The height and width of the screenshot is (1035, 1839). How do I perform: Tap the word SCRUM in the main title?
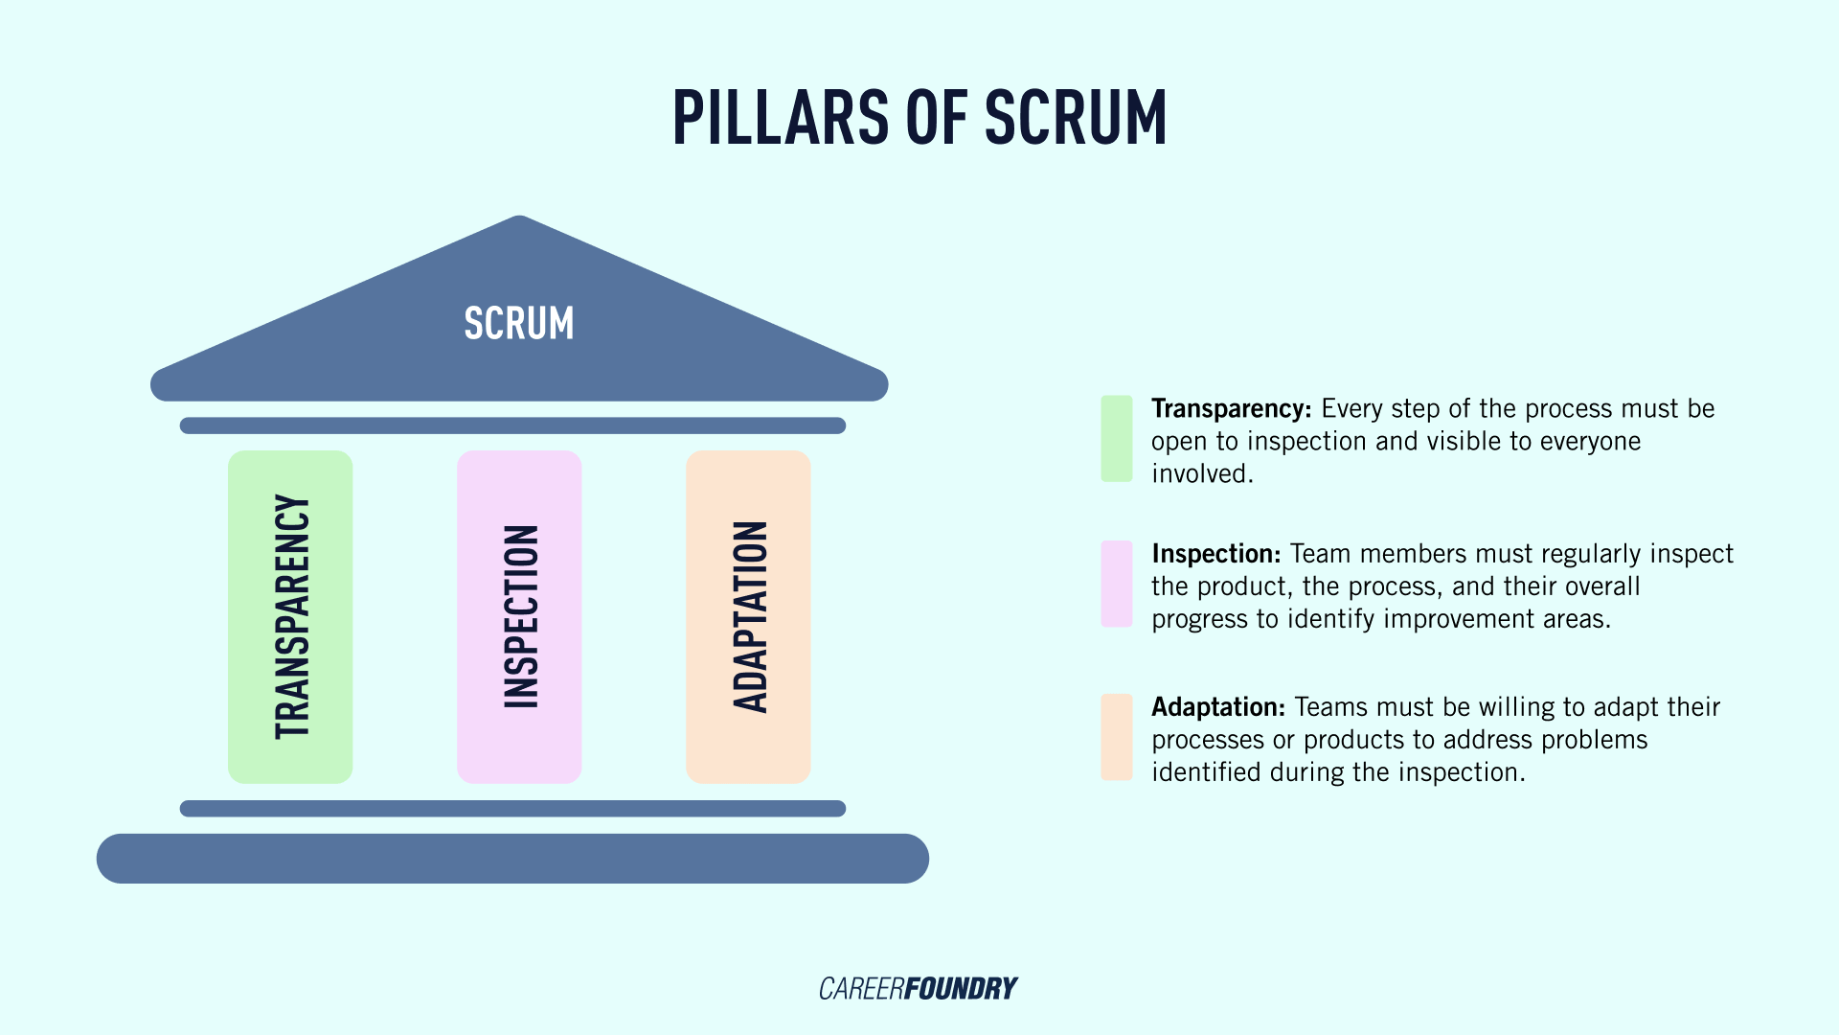[x=1076, y=119]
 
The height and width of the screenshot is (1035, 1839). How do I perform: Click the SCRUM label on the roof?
[x=519, y=324]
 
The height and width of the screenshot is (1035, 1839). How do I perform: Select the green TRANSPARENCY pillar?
[x=290, y=616]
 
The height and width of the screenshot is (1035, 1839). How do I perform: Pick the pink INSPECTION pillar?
[x=519, y=616]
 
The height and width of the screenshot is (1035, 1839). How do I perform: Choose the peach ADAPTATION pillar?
[x=748, y=616]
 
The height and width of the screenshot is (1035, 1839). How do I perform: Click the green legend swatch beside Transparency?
[x=1117, y=438]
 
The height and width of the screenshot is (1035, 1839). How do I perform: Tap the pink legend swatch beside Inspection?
[x=1117, y=584]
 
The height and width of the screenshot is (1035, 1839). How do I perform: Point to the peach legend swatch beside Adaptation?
[x=1117, y=737]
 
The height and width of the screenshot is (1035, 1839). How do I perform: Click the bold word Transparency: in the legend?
[x=1231, y=409]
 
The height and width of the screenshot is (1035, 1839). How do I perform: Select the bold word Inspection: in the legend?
[x=1215, y=554]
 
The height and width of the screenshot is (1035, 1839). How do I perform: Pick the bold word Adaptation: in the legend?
[x=1217, y=707]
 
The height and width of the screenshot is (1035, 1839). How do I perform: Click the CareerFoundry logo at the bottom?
[x=918, y=988]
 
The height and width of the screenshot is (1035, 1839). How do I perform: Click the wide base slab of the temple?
[x=512, y=858]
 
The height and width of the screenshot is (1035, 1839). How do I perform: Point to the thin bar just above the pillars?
[x=512, y=425]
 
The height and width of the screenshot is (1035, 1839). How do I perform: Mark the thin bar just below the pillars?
[x=512, y=808]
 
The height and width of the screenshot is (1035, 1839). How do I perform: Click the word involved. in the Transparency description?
[x=1202, y=473]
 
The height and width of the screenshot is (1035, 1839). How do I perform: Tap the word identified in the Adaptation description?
[x=1206, y=772]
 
